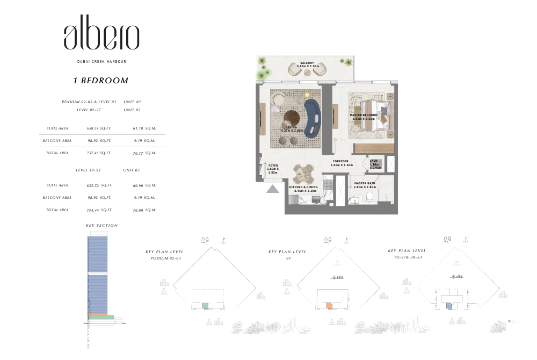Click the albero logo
click(x=101, y=37)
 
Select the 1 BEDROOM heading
click(x=101, y=81)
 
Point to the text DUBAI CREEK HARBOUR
click(x=101, y=62)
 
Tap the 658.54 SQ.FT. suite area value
click(x=99, y=128)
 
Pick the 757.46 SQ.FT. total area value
click(x=99, y=153)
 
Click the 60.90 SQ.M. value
click(x=144, y=185)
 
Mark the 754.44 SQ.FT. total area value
click(x=99, y=210)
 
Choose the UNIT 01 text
click(x=132, y=102)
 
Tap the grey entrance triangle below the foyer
click(x=273, y=188)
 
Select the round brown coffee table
click(x=293, y=118)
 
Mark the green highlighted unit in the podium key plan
click(x=205, y=305)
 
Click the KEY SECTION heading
click(x=101, y=226)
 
